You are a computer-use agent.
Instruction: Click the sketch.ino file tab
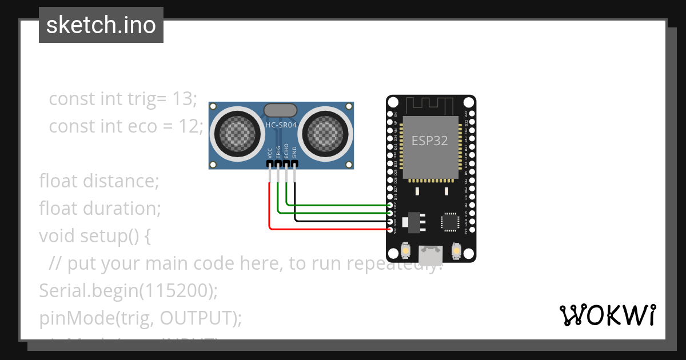coord(101,25)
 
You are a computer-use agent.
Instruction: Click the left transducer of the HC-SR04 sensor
coord(235,133)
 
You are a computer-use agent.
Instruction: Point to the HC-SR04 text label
coord(281,125)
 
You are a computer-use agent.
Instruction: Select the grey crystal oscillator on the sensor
coord(280,110)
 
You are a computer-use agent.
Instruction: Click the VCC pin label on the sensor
coord(270,153)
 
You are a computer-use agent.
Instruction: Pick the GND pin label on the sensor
coord(295,153)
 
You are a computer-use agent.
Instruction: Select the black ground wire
coord(343,221)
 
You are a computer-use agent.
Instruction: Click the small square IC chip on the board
coord(450,222)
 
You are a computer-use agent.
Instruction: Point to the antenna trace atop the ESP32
coord(430,105)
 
